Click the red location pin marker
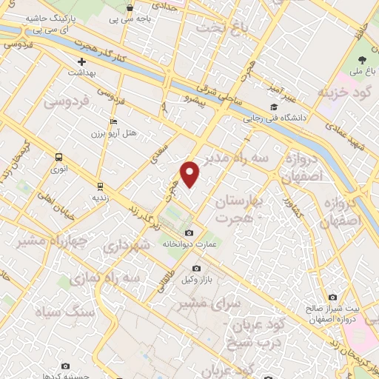(191, 173)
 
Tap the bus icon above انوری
(58, 156)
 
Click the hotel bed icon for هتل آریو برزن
(113, 121)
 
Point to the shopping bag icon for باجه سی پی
(130, 8)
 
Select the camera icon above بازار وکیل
(196, 268)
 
